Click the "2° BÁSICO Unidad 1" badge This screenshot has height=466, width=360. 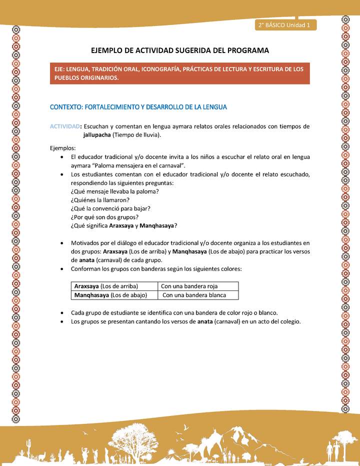click(285, 24)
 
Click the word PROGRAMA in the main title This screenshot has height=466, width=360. click(247, 50)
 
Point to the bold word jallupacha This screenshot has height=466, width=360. click(97, 135)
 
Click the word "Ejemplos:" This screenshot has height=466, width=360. click(63, 148)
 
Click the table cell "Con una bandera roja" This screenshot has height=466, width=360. click(189, 286)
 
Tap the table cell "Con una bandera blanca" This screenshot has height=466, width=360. click(194, 295)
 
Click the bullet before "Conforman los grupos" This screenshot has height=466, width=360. click(61, 269)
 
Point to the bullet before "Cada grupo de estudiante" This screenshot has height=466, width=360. click(61, 313)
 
